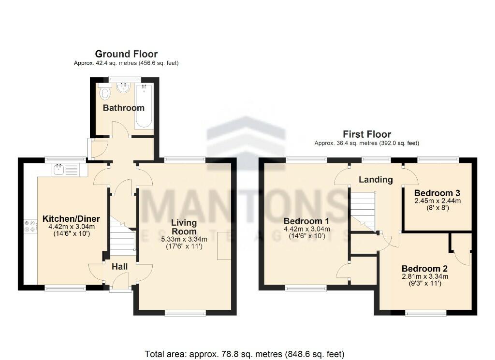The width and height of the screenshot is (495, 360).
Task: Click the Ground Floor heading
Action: pyautogui.click(x=126, y=54)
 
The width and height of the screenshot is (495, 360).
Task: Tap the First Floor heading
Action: pyautogui.click(x=367, y=134)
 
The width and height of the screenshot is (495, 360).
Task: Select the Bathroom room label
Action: pyautogui.click(x=124, y=108)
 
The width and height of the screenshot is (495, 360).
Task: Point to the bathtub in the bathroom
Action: pyautogui.click(x=144, y=106)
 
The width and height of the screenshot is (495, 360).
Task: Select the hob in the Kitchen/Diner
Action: pyautogui.click(x=29, y=226)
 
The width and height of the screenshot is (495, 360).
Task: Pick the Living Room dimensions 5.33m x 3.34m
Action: pyautogui.click(x=184, y=239)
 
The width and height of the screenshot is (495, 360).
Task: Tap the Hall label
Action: pyautogui.click(x=120, y=266)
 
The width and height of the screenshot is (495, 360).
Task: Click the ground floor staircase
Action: pyautogui.click(x=122, y=235)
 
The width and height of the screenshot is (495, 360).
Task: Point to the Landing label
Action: pyautogui.click(x=376, y=180)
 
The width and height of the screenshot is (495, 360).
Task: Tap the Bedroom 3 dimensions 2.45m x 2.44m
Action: pyautogui.click(x=437, y=201)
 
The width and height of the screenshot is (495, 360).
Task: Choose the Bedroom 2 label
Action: pyautogui.click(x=424, y=269)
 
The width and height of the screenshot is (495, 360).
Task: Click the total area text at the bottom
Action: pyautogui.click(x=245, y=354)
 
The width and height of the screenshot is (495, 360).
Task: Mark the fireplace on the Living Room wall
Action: pyautogui.click(x=224, y=246)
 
